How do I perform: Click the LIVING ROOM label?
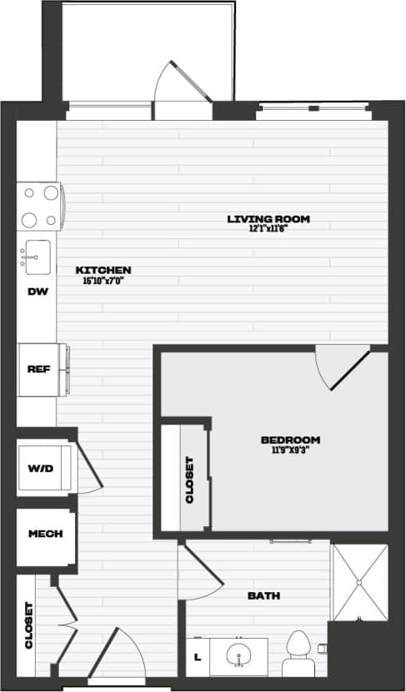click(268, 219)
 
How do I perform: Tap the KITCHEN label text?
click(103, 270)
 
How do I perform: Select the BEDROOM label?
click(290, 440)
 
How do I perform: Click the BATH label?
click(263, 595)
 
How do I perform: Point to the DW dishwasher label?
click(36, 291)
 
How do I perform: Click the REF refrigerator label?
click(36, 369)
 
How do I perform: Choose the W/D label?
click(40, 469)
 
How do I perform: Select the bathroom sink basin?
click(238, 655)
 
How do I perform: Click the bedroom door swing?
click(342, 366)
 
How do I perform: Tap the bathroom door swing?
click(200, 570)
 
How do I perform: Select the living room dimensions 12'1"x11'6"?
click(268, 229)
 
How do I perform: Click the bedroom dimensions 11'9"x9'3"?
click(290, 451)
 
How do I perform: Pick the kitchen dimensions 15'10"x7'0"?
click(103, 281)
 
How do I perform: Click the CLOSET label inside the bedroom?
click(189, 480)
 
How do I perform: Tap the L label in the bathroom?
click(197, 657)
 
